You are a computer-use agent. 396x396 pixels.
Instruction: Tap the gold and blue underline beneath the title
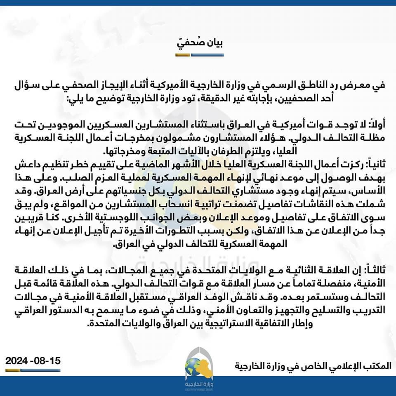[x=198, y=55]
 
